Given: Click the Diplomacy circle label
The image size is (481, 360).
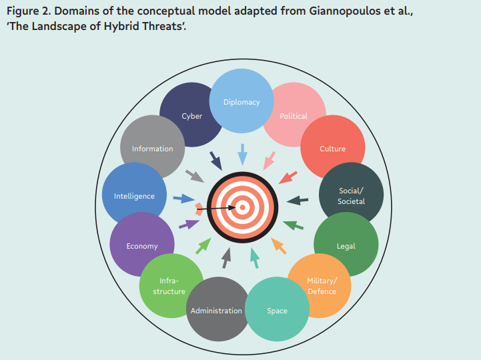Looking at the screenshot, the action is [242, 102].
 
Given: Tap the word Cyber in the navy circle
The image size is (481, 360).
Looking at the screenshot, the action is [191, 116].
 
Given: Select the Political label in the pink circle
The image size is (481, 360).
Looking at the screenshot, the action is [294, 116].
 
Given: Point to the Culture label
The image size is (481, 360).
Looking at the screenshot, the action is [332, 149].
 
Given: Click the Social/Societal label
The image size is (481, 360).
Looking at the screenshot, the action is [351, 196].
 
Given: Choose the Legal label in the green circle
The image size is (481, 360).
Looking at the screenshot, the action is [346, 246].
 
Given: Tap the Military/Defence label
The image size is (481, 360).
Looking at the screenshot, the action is [322, 286].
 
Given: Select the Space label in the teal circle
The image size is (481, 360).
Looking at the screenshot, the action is [277, 311].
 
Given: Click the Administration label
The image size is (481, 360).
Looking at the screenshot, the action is [216, 311].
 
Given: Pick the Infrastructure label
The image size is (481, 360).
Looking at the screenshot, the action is [169, 286].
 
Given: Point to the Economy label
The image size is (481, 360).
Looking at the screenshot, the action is [142, 246].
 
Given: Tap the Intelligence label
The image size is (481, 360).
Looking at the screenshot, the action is [134, 196].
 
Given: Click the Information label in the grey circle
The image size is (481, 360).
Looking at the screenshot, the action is [153, 149].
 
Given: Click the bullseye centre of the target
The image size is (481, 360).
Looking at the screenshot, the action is [242, 207].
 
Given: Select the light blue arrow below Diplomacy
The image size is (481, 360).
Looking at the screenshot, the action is [243, 155].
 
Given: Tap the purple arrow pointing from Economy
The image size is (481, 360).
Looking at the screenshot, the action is [189, 224].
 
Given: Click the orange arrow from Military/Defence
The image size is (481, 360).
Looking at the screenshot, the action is [279, 246].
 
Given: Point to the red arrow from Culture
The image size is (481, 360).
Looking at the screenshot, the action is [288, 177].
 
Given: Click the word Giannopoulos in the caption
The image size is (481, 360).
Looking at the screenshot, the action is [344, 11].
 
